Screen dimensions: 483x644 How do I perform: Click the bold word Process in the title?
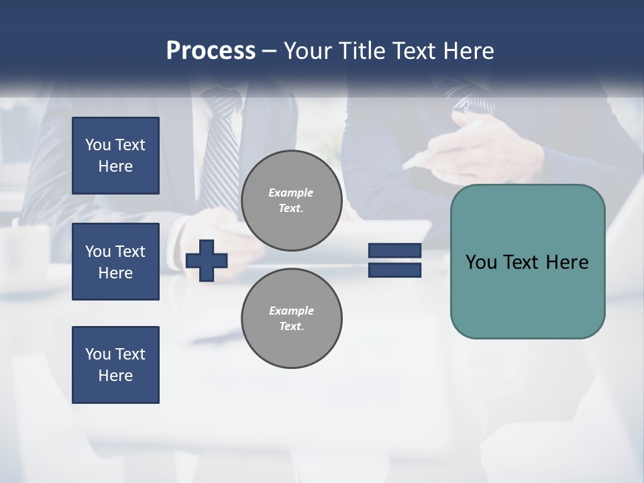point(211,51)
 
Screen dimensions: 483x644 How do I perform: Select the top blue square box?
point(115,156)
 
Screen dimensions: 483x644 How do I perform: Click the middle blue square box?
point(115,262)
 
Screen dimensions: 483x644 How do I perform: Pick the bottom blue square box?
point(115,365)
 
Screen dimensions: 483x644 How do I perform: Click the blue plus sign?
point(207,260)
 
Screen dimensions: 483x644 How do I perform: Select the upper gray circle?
point(292,201)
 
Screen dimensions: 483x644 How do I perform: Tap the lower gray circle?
point(292,319)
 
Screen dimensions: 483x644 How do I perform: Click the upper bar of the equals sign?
point(394,251)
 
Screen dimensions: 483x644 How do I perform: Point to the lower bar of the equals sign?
point(394,270)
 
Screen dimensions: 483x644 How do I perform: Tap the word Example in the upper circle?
point(291,193)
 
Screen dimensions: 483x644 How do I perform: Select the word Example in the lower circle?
point(291,311)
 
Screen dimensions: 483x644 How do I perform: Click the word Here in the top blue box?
point(115,166)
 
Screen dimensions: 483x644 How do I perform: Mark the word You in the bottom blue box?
point(98,354)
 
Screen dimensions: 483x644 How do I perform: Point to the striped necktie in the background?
point(221,154)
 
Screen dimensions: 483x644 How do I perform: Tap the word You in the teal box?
point(481,262)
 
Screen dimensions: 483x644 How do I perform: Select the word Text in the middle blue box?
point(130,252)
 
